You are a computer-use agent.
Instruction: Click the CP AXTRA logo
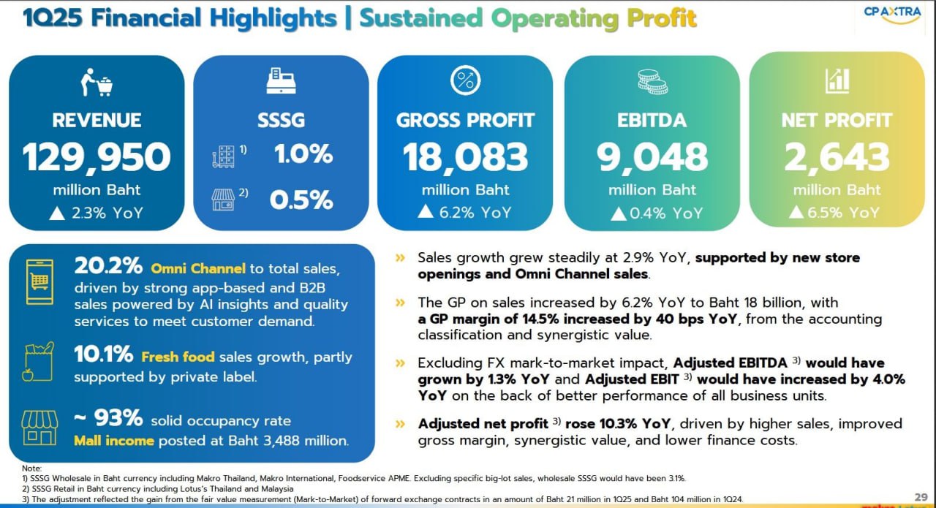pyautogui.click(x=891, y=15)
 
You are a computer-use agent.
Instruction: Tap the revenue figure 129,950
pyautogui.click(x=97, y=156)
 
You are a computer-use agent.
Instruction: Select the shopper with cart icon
pyautogui.click(x=97, y=82)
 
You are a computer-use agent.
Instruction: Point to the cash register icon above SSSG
pyautogui.click(x=281, y=80)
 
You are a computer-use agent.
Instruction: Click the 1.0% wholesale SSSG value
pyautogui.click(x=303, y=154)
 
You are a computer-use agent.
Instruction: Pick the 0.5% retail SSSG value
pyautogui.click(x=301, y=200)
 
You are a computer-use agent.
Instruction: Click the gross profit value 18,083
pyautogui.click(x=465, y=156)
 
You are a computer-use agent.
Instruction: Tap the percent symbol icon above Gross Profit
pyautogui.click(x=465, y=80)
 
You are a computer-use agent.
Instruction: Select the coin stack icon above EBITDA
pyautogui.click(x=652, y=81)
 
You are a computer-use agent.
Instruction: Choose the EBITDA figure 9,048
pyautogui.click(x=652, y=156)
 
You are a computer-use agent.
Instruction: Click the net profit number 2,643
pyautogui.click(x=837, y=156)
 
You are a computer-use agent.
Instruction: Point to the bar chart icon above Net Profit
pyautogui.click(x=837, y=80)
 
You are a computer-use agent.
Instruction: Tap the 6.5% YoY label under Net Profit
pyautogui.click(x=837, y=213)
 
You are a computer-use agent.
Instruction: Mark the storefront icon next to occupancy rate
pyautogui.click(x=39, y=428)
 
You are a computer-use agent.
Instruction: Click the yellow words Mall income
pyautogui.click(x=113, y=441)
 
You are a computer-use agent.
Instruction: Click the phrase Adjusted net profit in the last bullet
pyautogui.click(x=482, y=424)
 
